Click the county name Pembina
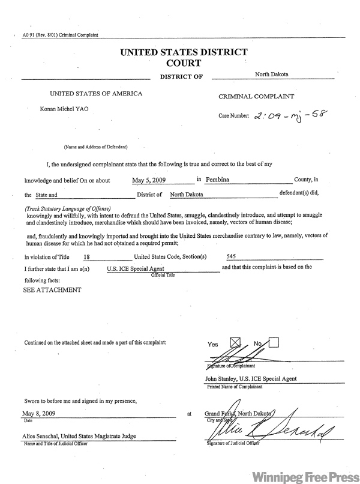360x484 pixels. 220,179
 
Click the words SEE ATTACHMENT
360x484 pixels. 52,289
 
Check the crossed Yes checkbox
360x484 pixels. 235,343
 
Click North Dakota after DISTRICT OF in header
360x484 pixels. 271,74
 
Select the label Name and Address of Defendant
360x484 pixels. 95,147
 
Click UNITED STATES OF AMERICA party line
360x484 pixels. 96,94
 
